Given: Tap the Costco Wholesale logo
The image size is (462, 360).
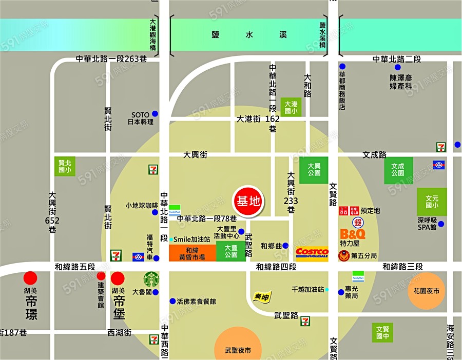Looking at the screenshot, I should (312, 254).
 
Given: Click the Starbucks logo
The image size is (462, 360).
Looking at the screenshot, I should (151, 280).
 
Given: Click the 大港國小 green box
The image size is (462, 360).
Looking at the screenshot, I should (291, 106).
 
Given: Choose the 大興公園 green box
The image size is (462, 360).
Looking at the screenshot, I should (314, 170).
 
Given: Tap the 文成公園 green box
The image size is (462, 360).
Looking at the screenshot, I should (398, 170).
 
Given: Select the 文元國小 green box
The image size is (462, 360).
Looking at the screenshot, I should (432, 202).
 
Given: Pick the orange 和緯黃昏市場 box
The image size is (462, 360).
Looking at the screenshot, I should (192, 253).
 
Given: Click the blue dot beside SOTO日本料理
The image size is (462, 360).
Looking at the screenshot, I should (155, 114).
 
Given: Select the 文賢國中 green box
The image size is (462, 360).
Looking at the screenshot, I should (382, 333).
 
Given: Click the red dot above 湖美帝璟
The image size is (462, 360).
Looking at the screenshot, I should (31, 278).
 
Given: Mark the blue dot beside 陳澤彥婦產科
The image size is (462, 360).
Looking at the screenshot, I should (397, 67).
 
